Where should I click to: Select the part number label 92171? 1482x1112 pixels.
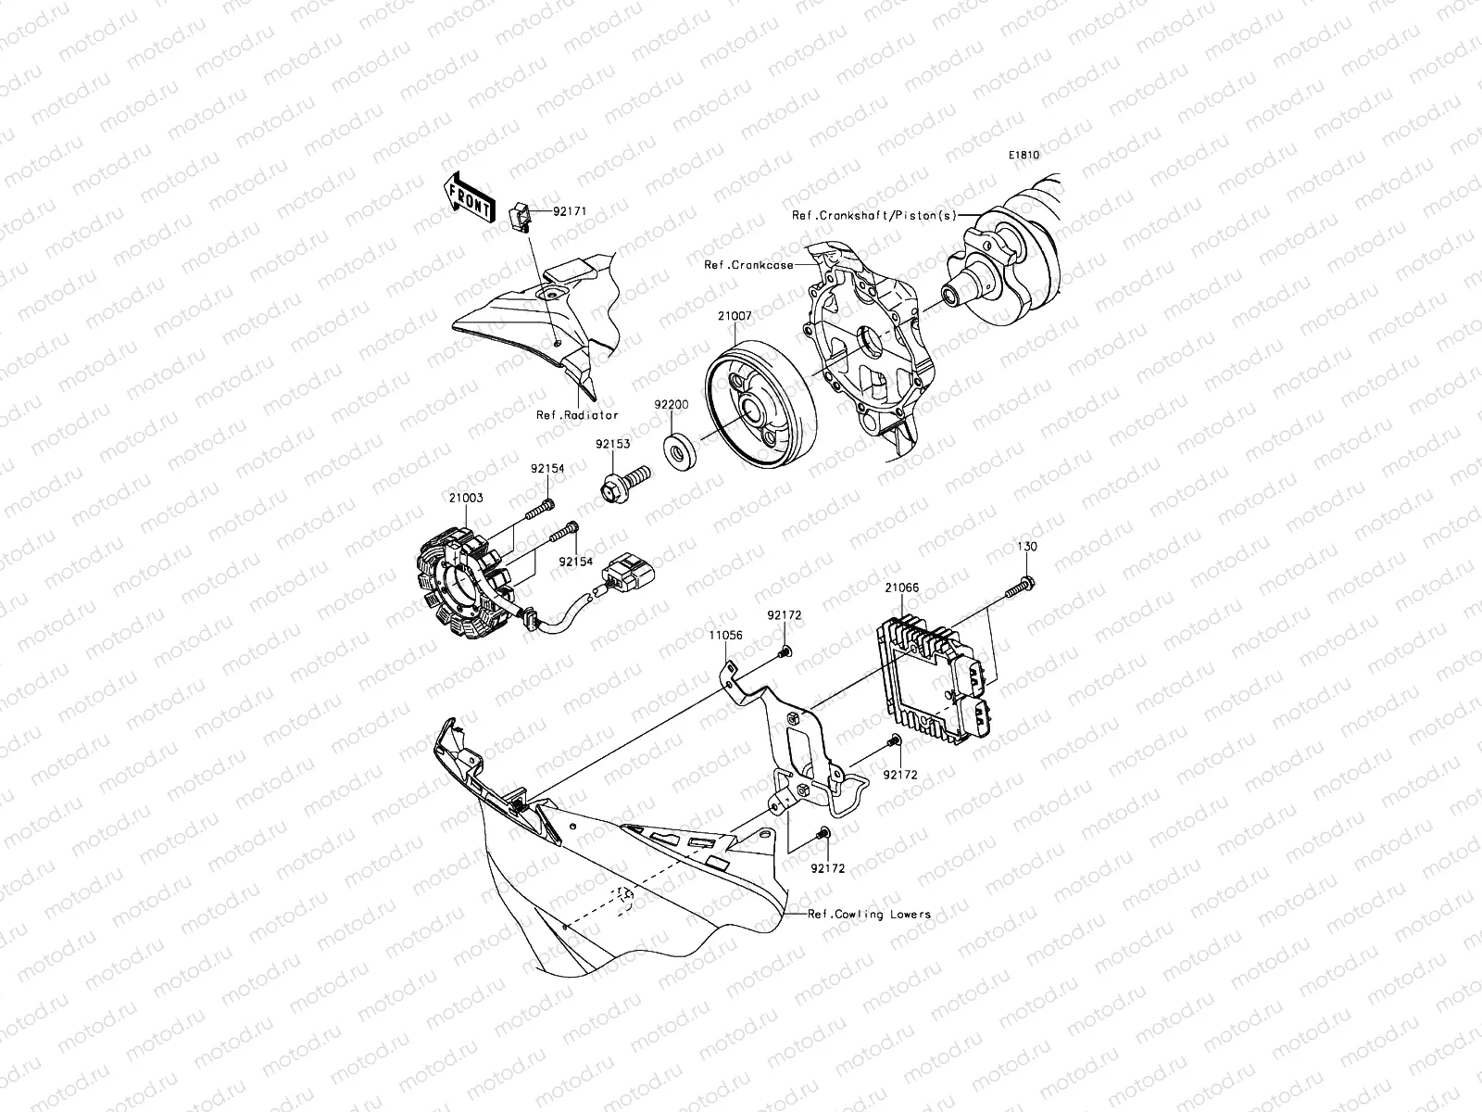(570, 211)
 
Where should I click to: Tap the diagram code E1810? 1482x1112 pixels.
(1024, 155)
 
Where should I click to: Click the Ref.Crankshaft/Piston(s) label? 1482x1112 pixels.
(874, 215)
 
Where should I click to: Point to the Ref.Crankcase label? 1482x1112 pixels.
(748, 265)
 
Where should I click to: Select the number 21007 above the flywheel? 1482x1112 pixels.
(735, 316)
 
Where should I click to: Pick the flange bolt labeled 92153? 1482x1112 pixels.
(624, 484)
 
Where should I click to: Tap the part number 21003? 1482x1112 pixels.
(466, 498)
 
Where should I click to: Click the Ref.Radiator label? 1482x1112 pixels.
(577, 415)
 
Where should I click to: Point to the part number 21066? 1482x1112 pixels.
(902, 588)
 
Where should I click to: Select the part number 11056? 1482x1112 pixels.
(726, 636)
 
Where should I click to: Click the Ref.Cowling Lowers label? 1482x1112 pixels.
(869, 915)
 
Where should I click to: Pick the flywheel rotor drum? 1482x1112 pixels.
(760, 404)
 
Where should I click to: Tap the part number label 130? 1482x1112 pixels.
(1027, 546)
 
